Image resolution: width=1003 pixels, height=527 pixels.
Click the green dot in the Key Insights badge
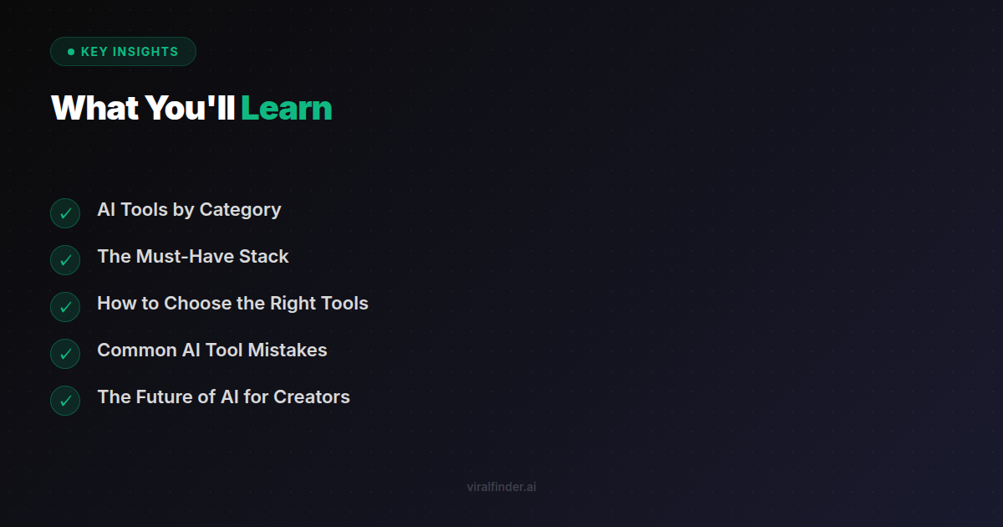point(71,52)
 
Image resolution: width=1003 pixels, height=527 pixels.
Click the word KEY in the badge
point(93,52)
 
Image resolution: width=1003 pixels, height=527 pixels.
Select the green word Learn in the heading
point(286,108)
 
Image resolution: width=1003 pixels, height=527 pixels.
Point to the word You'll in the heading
point(190,108)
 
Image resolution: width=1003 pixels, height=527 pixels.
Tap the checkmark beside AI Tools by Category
point(65,213)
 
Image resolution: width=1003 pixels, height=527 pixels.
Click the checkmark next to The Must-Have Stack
point(65,260)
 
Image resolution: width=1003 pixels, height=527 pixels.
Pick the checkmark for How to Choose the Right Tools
point(65,307)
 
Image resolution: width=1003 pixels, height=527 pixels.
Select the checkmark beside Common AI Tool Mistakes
point(65,354)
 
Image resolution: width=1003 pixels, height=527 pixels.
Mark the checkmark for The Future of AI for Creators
point(65,401)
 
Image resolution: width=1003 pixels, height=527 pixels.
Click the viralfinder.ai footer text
point(501,487)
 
